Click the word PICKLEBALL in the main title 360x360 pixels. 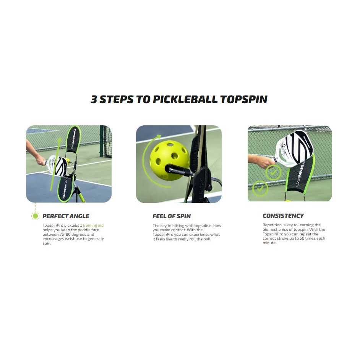tap(185, 99)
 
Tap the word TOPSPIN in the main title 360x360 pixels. tap(244, 99)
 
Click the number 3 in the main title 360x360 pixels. tap(94, 99)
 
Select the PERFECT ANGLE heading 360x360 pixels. tap(66, 216)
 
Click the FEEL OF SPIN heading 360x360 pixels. tap(172, 216)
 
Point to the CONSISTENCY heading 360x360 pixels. tap(283, 216)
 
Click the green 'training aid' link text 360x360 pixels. tap(93, 225)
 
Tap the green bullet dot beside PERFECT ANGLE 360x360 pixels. tap(35, 216)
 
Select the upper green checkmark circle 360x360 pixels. tap(273, 173)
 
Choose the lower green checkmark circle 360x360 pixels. tap(260, 189)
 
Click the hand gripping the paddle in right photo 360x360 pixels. tap(263, 161)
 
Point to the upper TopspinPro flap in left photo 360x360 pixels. tap(73, 139)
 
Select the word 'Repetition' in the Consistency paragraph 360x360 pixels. tap(272, 225)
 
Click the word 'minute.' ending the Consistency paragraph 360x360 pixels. tap(269, 243)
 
